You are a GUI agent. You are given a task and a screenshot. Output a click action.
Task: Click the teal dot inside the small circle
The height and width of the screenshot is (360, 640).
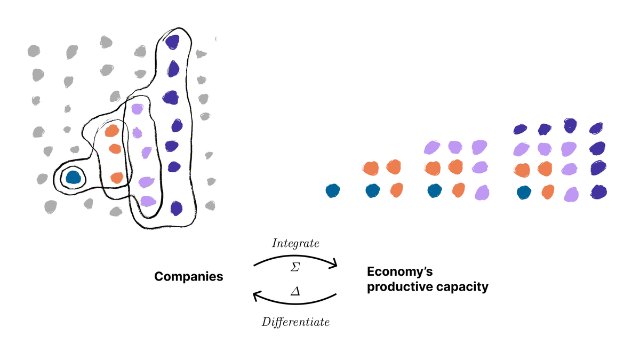coord(72,177)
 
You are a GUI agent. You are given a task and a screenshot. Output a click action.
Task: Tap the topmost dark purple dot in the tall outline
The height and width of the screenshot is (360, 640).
coord(172,41)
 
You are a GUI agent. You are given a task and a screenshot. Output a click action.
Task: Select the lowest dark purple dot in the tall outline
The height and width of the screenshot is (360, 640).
coord(176,207)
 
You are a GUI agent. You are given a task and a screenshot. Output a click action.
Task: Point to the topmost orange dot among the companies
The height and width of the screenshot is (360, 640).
coord(112,131)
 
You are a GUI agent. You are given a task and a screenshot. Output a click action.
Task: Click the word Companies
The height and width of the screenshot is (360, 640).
coord(189,277)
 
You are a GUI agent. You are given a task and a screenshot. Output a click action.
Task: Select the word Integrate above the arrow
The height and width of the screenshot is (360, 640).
coord(295,244)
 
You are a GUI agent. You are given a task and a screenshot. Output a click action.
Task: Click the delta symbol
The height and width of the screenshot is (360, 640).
coord(295,292)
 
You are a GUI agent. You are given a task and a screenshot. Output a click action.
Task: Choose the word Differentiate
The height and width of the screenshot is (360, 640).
coord(295,322)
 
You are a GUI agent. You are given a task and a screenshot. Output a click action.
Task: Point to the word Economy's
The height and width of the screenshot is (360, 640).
coord(399,271)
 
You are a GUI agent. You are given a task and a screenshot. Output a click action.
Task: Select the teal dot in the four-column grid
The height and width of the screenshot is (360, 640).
coord(524,191)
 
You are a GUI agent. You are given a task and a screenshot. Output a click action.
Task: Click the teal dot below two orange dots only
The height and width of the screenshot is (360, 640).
coord(373,190)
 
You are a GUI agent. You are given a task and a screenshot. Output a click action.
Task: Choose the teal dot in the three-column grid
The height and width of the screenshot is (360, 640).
coord(435,190)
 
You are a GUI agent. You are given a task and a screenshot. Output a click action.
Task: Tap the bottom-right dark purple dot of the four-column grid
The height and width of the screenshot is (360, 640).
coord(599,191)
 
